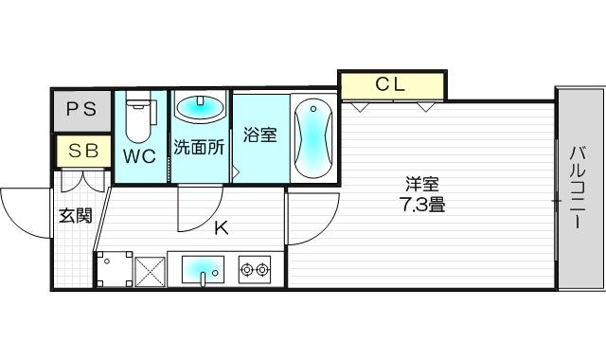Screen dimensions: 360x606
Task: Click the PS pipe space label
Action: coord(81,109)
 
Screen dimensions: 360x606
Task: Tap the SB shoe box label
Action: coord(81,150)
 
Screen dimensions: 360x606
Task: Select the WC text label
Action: coord(138,157)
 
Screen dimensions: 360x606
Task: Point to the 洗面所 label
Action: coord(198,149)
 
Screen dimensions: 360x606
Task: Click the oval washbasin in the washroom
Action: coord(200,109)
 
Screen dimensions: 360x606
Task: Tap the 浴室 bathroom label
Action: coord(259,135)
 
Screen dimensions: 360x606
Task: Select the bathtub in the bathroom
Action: coord(312,139)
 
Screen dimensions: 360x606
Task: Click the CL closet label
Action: coord(390,84)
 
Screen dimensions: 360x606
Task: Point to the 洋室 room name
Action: coord(422,184)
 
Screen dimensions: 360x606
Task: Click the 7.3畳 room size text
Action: coord(422,203)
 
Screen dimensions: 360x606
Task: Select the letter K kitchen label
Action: coord(220,227)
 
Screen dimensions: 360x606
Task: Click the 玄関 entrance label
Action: coord(76,216)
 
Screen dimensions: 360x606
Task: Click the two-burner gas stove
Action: coord(254,269)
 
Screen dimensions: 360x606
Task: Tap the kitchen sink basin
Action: coord(201,270)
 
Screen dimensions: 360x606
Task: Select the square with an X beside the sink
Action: coord(150,271)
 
